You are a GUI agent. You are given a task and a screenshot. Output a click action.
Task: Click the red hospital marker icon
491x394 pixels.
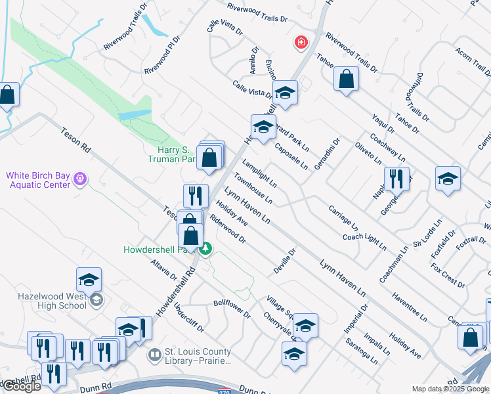(301, 43)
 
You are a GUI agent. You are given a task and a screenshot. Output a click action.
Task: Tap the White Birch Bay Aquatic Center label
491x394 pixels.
(38, 180)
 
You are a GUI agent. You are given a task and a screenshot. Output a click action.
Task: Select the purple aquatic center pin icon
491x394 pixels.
(80, 178)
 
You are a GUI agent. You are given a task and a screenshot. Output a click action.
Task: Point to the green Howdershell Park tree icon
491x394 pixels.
(206, 248)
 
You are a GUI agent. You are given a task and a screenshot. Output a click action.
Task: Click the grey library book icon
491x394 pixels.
(155, 355)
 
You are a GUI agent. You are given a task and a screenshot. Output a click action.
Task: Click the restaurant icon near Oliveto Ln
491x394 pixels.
(397, 178)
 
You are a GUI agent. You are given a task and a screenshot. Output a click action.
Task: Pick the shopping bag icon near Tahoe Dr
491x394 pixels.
(346, 79)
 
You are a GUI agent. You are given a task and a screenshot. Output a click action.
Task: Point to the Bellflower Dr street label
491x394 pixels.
(232, 309)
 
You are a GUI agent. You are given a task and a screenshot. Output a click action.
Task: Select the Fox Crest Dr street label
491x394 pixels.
(448, 276)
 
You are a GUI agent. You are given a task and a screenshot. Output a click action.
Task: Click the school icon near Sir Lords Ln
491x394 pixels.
(448, 179)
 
